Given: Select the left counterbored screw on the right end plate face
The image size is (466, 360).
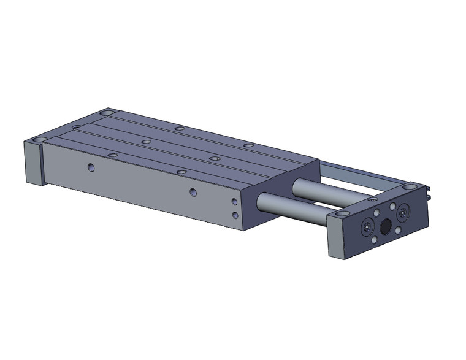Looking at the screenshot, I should point(367,226).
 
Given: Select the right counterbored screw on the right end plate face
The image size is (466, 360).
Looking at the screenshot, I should point(403,212).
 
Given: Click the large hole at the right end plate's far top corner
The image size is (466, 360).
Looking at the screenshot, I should point(408,184).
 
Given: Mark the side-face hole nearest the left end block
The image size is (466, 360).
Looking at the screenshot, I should point(91,166).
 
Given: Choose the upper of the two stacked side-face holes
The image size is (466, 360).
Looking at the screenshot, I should point(234,201).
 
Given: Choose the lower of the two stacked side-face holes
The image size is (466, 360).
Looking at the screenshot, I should point(234,214).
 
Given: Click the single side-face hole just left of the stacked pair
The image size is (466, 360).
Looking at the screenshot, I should point(193,192).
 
